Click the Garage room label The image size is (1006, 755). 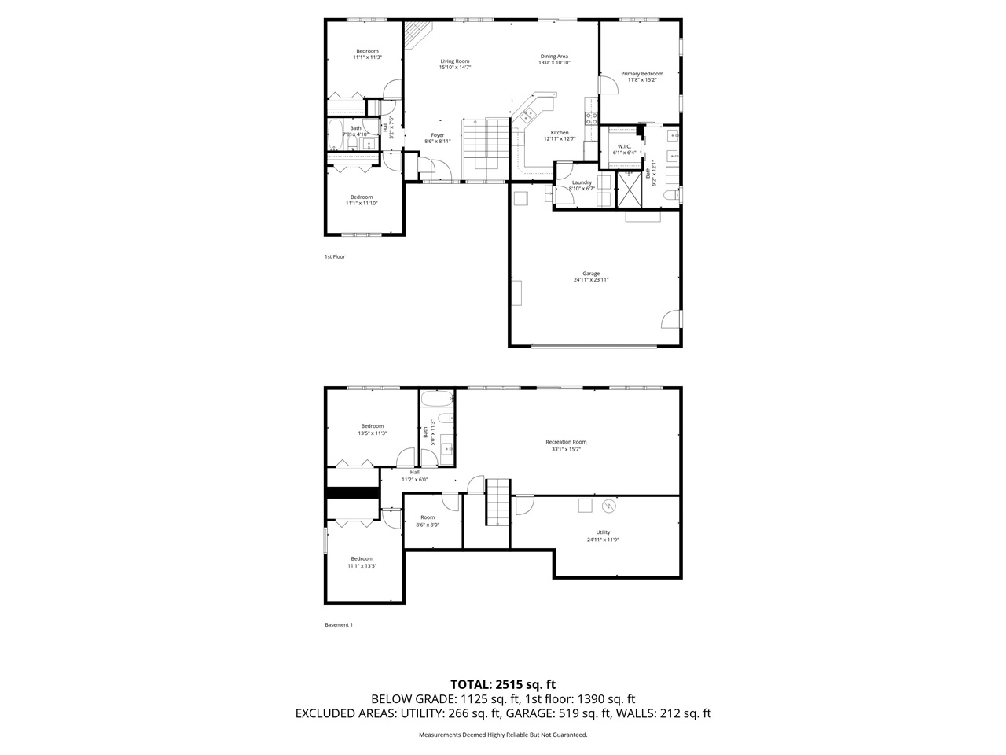click(591, 274)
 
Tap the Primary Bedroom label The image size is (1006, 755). click(641, 74)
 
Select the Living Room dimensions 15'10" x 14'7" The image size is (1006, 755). click(454, 68)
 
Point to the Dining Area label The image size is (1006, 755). click(554, 57)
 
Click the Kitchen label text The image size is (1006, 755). click(560, 133)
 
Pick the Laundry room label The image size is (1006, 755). click(582, 182)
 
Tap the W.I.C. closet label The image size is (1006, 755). click(625, 146)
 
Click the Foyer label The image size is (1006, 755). click(438, 135)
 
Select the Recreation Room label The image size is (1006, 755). click(566, 442)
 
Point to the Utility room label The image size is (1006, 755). click(603, 532)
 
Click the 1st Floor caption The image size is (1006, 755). click(335, 256)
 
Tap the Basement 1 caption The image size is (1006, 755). click(339, 625)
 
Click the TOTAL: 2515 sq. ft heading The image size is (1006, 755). click(503, 684)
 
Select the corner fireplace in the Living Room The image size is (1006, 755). click(416, 35)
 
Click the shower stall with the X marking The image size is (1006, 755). click(630, 188)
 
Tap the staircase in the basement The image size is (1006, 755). click(498, 503)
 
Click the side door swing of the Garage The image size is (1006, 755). click(670, 319)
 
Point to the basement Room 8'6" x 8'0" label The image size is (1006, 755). click(427, 521)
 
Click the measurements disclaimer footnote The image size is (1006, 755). click(503, 735)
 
